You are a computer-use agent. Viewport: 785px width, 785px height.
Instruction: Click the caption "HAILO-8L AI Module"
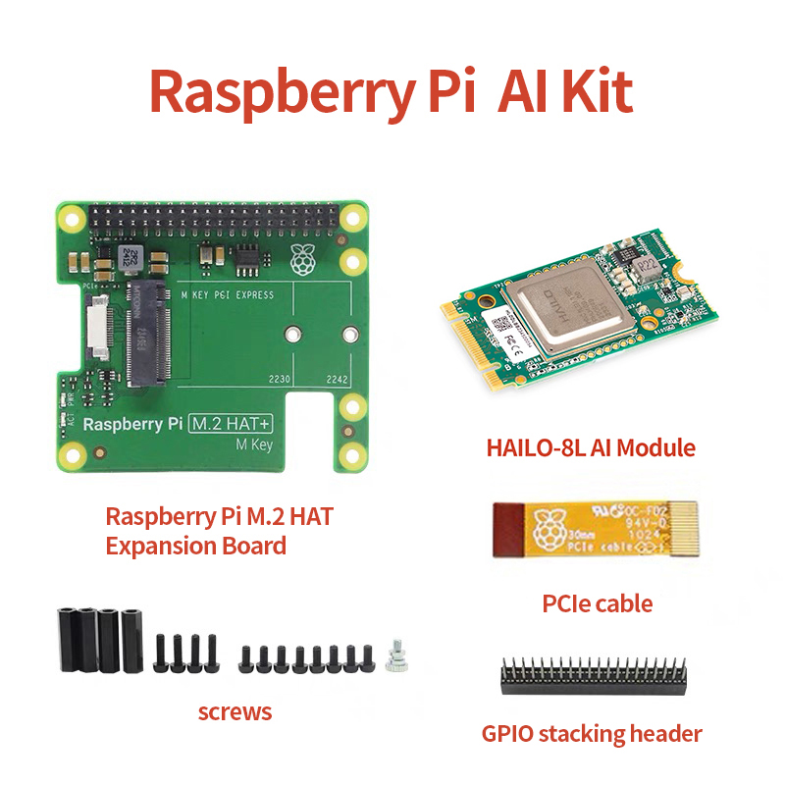[591, 448]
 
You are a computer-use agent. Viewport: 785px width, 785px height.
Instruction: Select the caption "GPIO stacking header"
[592, 733]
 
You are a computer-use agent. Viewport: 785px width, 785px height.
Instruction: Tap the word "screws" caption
[235, 711]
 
